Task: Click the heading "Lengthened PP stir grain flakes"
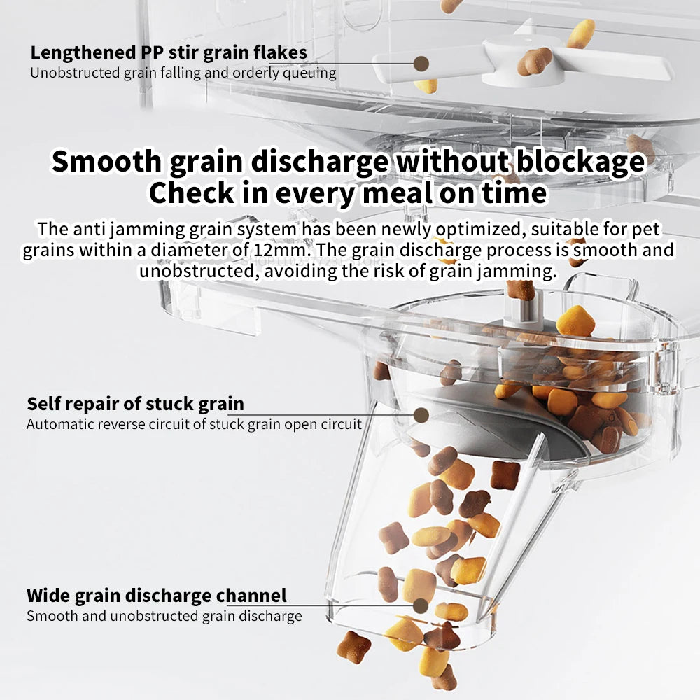click(x=169, y=52)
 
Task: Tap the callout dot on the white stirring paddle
click(x=421, y=64)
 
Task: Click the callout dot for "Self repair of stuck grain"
click(x=421, y=415)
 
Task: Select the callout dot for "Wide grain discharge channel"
click(x=421, y=605)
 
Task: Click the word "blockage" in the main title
click(x=580, y=161)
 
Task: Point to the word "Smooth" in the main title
click(x=106, y=161)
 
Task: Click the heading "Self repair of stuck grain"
click(x=136, y=404)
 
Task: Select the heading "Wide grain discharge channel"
click(x=157, y=596)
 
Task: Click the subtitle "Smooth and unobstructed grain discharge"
click(x=164, y=616)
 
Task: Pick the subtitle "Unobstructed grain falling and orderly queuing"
click(x=183, y=73)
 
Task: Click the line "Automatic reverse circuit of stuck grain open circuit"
click(x=194, y=424)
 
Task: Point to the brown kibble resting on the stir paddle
click(x=534, y=61)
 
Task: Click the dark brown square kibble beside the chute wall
click(x=505, y=475)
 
